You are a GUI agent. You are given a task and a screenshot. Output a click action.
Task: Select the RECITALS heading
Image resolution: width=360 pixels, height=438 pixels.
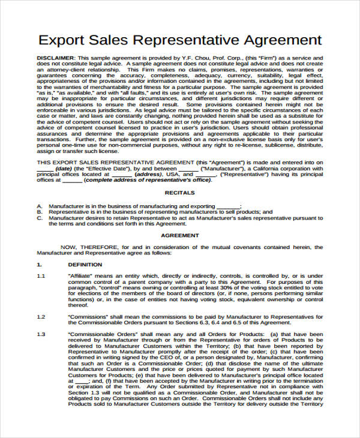pyautogui.click(x=180, y=193)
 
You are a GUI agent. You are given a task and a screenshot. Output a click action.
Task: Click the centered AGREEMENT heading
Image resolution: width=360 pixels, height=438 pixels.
pyautogui.click(x=180, y=236)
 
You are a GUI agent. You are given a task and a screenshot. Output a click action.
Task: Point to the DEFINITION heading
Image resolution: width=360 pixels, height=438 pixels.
pyautogui.click(x=85, y=264)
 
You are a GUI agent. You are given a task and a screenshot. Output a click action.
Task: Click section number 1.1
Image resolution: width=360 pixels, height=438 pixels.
pyautogui.click(x=41, y=275)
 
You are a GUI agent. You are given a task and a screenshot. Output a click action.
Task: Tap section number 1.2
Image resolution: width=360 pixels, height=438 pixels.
pyautogui.click(x=41, y=316)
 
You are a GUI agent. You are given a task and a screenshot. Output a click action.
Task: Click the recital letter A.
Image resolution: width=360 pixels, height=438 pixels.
pyautogui.click(x=39, y=206)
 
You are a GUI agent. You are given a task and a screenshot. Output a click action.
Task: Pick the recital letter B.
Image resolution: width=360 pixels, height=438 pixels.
pyautogui.click(x=39, y=212)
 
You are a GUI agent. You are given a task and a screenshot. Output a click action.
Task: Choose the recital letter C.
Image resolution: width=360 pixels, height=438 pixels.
pyautogui.click(x=39, y=218)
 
